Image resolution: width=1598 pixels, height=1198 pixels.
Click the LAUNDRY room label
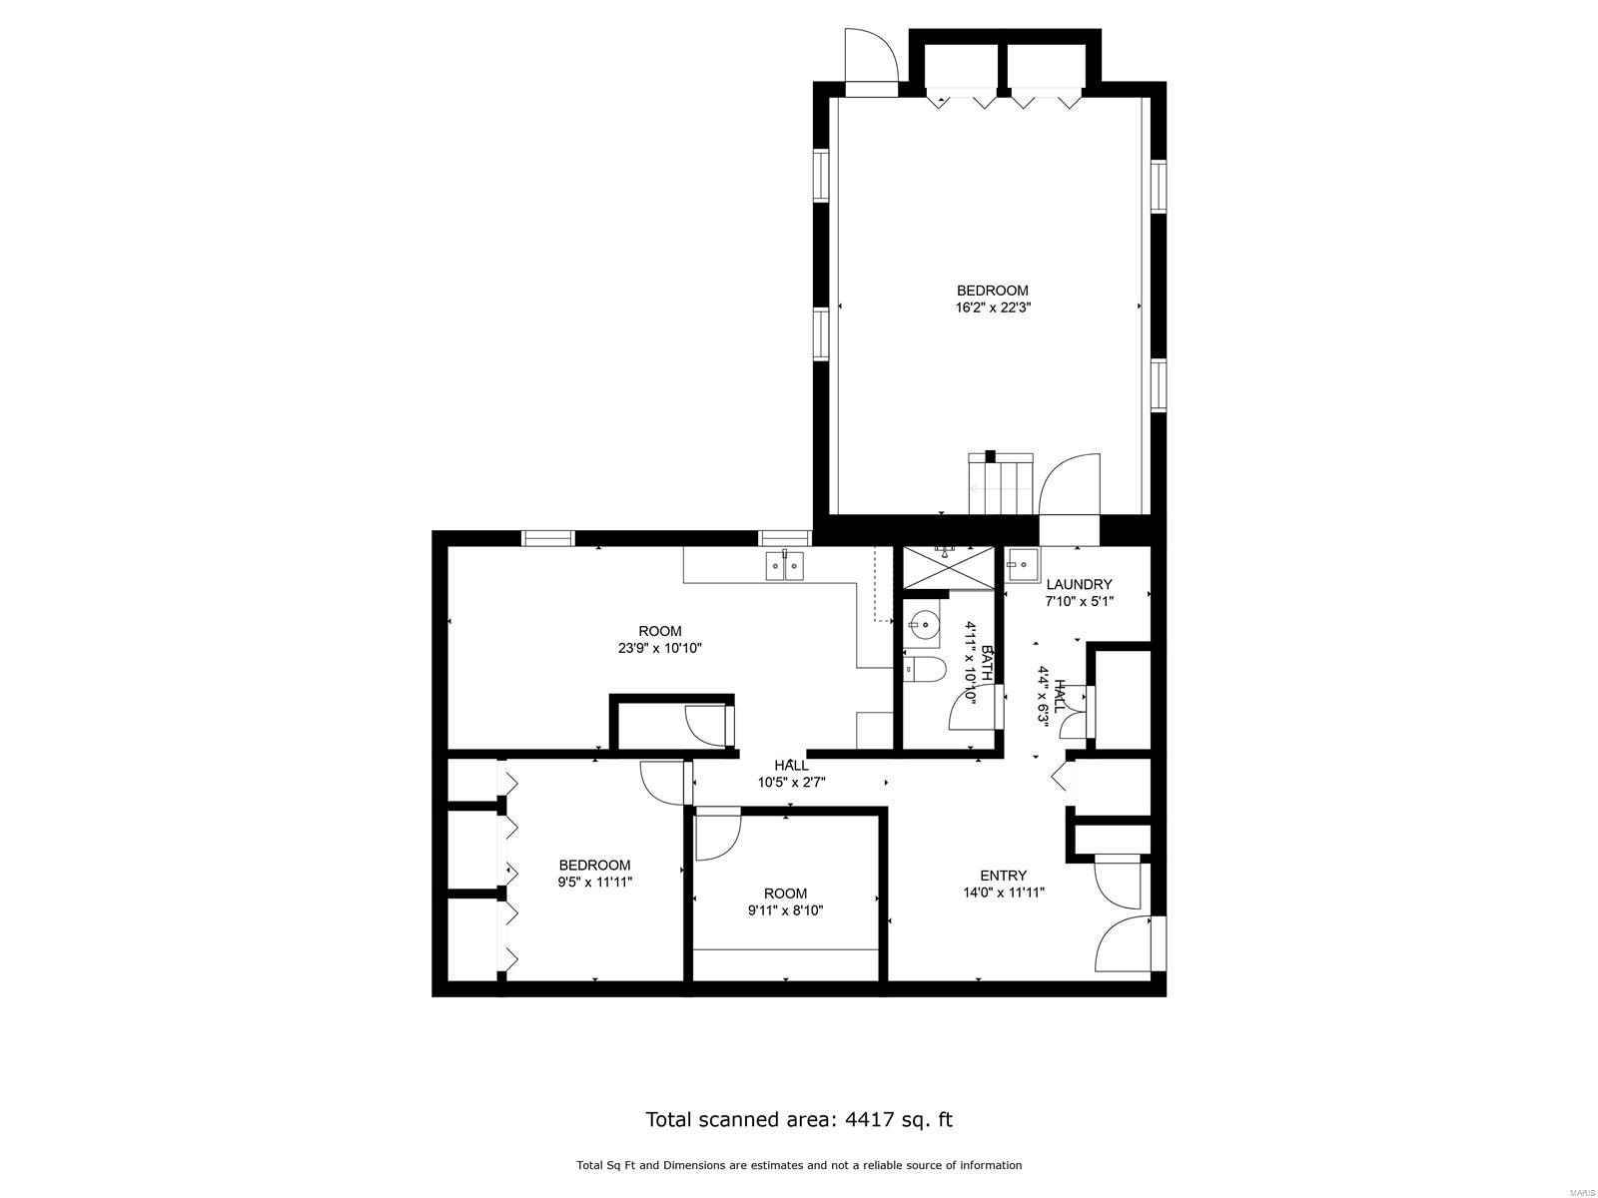pos(1079,584)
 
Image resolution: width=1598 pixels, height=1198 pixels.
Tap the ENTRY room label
pos(1003,876)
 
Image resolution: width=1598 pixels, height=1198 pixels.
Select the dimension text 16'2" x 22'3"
pos(993,307)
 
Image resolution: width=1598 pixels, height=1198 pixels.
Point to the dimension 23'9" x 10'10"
pos(659,648)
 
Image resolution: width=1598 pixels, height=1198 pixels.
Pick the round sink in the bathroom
pos(924,623)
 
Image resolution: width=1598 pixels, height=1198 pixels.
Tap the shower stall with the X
pos(948,566)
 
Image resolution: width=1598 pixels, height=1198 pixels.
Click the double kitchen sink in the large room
pos(784,565)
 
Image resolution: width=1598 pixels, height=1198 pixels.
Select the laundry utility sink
pos(1023,564)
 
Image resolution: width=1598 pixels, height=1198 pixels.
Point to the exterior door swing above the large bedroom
pos(871,55)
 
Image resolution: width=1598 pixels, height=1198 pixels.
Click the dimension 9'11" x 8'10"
pos(785,909)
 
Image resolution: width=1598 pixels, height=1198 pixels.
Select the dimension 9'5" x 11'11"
pos(594,882)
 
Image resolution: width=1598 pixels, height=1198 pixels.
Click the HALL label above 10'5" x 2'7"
pos(791,765)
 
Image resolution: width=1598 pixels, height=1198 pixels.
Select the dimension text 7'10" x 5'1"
pos(1079,602)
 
